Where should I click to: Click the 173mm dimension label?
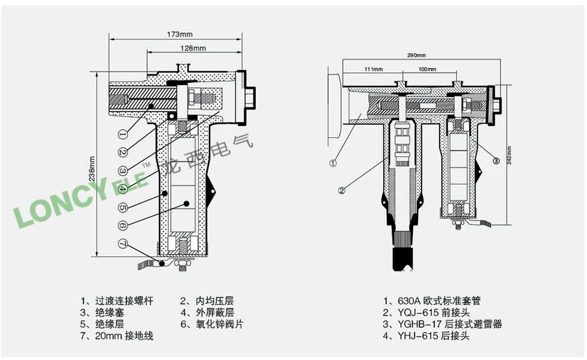pyautogui.click(x=177, y=35)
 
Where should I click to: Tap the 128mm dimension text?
pyautogui.click(x=193, y=48)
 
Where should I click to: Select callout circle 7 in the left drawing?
pyautogui.click(x=122, y=244)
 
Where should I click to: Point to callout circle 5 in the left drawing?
pyautogui.click(x=122, y=207)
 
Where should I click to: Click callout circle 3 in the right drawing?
pyautogui.click(x=497, y=160)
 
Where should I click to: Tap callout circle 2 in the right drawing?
pyautogui.click(x=342, y=191)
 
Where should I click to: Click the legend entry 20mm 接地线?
pyautogui.click(x=117, y=336)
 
